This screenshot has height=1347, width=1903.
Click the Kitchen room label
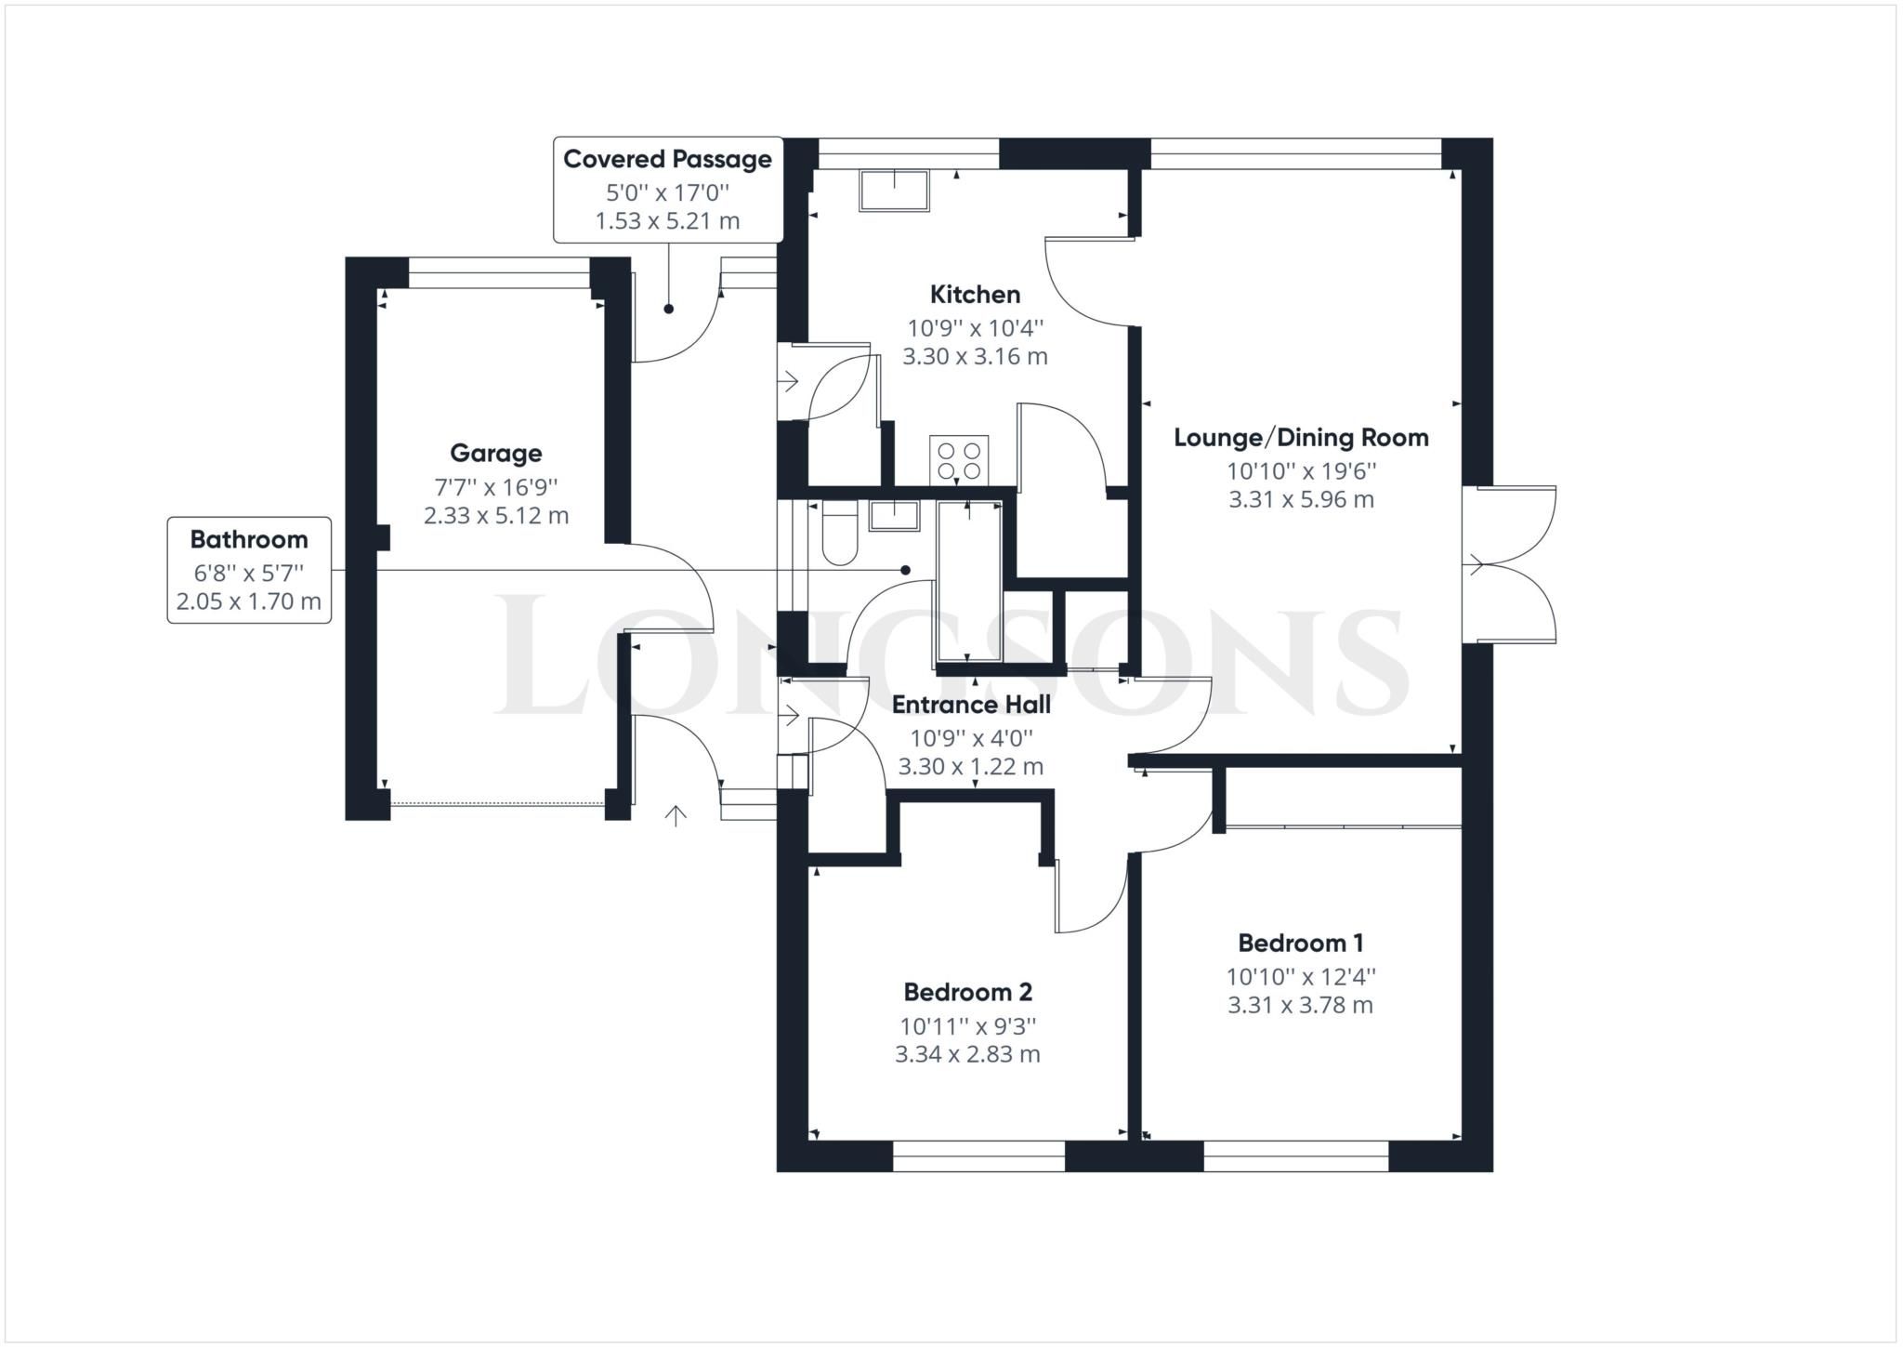click(975, 295)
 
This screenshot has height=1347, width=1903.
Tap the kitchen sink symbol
click(894, 191)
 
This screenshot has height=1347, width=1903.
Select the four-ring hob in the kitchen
click(959, 459)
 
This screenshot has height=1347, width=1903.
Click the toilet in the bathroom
click(840, 534)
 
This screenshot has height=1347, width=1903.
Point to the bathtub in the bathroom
click(969, 582)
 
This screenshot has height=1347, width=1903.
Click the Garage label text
click(495, 454)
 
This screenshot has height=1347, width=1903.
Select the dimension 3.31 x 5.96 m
click(1301, 499)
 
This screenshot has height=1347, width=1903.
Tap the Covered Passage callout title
click(667, 159)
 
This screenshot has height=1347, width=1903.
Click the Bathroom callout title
click(248, 539)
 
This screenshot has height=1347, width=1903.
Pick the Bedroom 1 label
click(1300, 944)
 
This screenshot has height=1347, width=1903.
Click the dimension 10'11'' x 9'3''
click(967, 1026)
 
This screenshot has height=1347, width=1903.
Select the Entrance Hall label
click(971, 705)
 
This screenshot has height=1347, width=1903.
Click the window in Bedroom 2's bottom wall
click(978, 1156)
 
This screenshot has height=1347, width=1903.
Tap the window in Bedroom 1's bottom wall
click(1295, 1156)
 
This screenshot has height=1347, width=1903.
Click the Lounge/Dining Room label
click(1301, 438)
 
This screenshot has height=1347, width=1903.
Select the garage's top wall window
click(499, 272)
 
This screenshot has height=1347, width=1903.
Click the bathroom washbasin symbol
click(893, 515)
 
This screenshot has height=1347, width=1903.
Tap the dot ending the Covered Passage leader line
click(668, 310)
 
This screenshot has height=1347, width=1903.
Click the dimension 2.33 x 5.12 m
click(495, 516)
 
